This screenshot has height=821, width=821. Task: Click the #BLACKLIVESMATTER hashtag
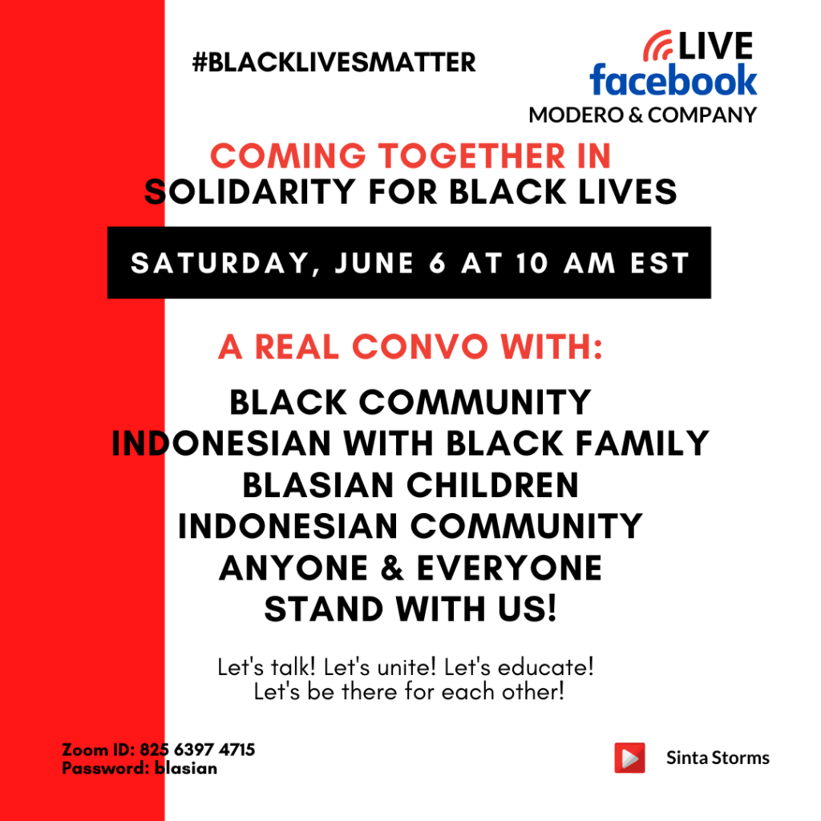click(x=334, y=63)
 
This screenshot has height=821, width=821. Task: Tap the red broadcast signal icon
click(x=657, y=46)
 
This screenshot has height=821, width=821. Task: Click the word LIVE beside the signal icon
click(x=715, y=46)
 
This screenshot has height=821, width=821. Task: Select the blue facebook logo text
click(x=673, y=80)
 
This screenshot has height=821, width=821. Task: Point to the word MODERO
click(x=576, y=115)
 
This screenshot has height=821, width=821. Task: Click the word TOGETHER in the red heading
click(x=471, y=156)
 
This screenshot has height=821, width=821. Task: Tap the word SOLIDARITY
click(x=250, y=192)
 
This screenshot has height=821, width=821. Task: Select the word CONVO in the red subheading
click(x=420, y=346)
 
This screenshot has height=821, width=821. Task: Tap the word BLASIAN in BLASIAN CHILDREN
click(x=317, y=485)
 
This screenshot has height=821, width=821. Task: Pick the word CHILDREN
click(x=493, y=485)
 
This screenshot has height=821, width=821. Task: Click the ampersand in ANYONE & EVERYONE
click(x=392, y=568)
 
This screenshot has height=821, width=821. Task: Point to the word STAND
click(x=324, y=609)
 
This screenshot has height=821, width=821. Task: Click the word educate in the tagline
click(x=545, y=668)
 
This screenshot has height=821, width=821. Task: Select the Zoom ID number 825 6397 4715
click(x=197, y=750)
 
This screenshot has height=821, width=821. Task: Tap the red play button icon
click(x=629, y=758)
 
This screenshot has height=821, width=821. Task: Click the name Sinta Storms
click(x=718, y=758)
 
